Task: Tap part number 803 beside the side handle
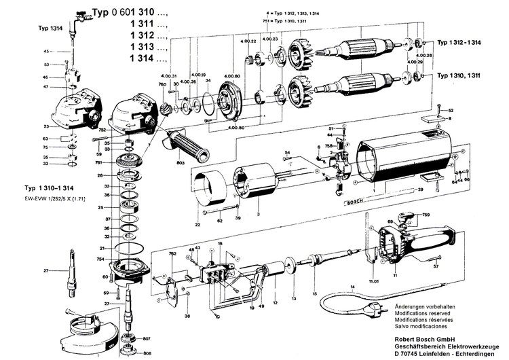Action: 181,164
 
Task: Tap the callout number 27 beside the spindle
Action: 46,272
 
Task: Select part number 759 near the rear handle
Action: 426,215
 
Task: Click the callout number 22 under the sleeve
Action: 197,225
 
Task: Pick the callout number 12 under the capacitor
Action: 275,302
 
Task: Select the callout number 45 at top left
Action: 46,52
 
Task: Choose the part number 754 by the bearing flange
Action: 100,259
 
